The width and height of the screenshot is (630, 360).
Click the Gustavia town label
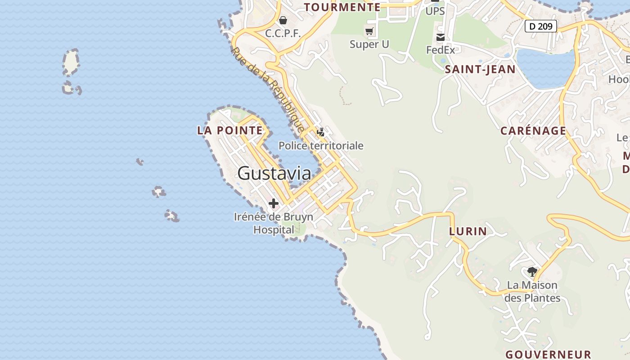[274, 173]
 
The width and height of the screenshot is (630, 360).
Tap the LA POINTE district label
[229, 130]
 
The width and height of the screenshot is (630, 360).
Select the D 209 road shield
[540, 26]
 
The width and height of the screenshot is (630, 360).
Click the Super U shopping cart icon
[369, 31]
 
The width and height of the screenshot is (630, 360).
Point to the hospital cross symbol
[273, 203]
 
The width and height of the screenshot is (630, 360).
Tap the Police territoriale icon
[321, 132]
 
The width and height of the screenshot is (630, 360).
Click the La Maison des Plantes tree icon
[532, 271]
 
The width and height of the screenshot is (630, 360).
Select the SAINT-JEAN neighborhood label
[480, 69]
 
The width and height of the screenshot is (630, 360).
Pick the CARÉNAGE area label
[533, 131]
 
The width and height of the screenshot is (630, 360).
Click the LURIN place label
[468, 231]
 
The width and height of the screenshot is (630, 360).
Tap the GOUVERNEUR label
[548, 354]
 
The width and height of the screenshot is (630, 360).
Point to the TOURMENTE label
[342, 7]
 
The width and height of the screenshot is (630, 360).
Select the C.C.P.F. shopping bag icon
[283, 20]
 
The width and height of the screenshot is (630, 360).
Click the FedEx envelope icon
[440, 37]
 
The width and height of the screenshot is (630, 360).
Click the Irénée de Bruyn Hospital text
[274, 223]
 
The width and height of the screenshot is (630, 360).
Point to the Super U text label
[369, 44]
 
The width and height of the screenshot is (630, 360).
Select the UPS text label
[435, 11]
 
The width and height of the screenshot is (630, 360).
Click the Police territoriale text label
[321, 145]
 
